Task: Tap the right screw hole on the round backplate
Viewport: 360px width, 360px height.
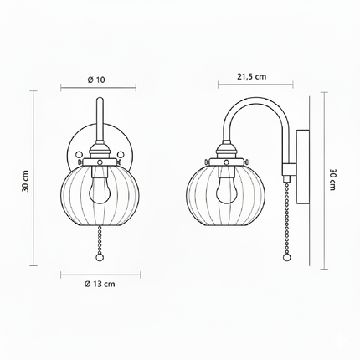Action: pos(119,156)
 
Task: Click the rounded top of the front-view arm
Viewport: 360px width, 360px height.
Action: pos(99,101)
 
